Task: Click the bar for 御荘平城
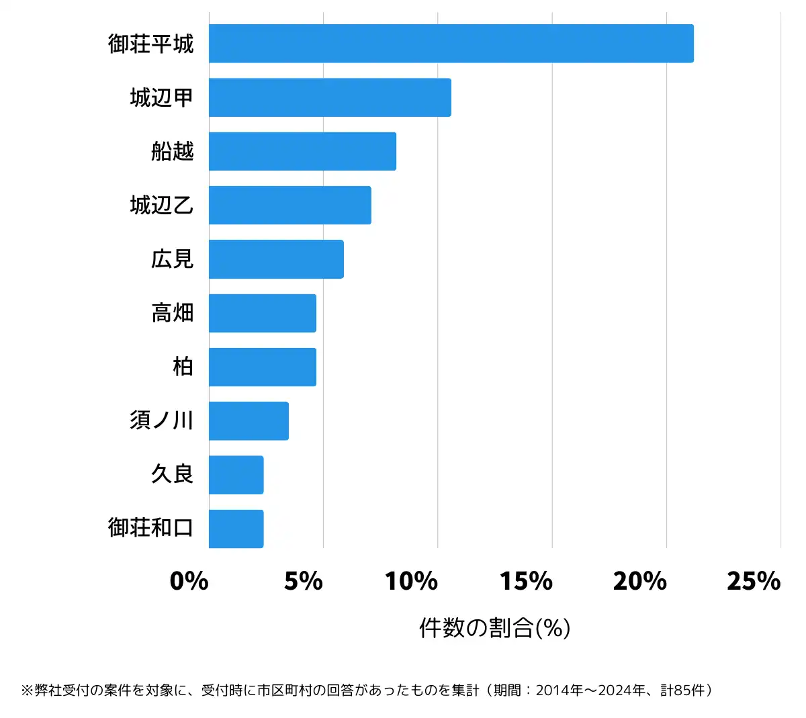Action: click(x=451, y=44)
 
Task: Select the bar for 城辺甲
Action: click(x=330, y=97)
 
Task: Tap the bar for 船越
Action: click(x=302, y=151)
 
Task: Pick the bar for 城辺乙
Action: click(x=289, y=205)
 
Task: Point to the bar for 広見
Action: click(x=276, y=259)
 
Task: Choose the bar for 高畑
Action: click(x=262, y=313)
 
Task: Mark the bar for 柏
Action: click(x=262, y=367)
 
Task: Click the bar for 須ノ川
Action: click(x=249, y=421)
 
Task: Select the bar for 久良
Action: click(x=236, y=475)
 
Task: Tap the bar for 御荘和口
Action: click(x=236, y=529)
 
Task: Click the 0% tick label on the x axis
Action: click(x=189, y=581)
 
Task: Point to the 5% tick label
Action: click(x=304, y=581)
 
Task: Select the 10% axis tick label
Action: click(x=412, y=581)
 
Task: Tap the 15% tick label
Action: click(x=526, y=581)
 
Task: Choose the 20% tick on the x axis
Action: click(x=640, y=581)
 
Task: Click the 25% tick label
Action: click(x=754, y=581)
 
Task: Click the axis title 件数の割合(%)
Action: click(x=495, y=628)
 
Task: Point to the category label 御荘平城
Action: click(x=151, y=44)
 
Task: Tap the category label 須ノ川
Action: click(x=162, y=420)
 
